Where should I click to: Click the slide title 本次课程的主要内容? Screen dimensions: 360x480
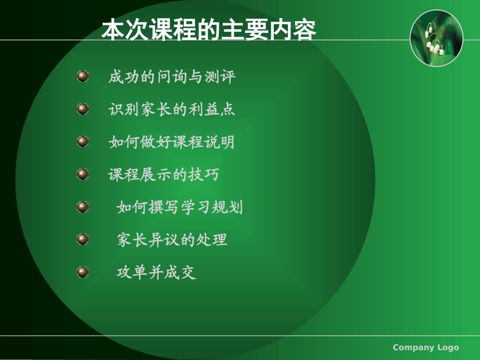(209, 31)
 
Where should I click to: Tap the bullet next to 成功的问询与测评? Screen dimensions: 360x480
(83, 77)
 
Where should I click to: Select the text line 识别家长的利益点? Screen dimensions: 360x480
(172, 109)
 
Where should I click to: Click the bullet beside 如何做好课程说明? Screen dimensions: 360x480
(83, 141)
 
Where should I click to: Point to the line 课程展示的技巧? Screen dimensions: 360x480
(164, 174)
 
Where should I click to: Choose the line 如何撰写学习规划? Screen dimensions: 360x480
(179, 207)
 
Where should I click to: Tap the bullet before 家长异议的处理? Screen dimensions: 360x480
(83, 239)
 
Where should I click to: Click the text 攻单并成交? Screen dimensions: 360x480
(156, 272)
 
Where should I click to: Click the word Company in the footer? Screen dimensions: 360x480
(413, 347)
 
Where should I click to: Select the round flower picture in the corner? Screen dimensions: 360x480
(436, 38)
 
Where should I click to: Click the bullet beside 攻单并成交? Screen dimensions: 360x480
(83, 272)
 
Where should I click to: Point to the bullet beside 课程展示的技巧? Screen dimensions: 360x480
(83, 174)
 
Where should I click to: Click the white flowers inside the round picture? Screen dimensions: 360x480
(435, 47)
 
